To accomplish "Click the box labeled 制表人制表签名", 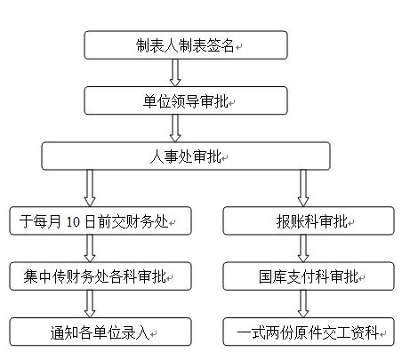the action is (x=186, y=45).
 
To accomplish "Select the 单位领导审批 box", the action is (x=186, y=100).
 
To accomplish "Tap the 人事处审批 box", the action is (x=186, y=156).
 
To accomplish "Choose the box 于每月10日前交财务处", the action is (x=100, y=220).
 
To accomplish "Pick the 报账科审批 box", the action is (x=309, y=220).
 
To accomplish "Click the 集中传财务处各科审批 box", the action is (x=100, y=276).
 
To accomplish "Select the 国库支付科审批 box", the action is (x=309, y=276).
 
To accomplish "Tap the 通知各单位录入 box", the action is (x=100, y=332).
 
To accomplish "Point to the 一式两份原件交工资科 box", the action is (x=309, y=332).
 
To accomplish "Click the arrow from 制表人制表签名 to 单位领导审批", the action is (x=175, y=73).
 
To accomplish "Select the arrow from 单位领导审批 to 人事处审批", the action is (x=175, y=128).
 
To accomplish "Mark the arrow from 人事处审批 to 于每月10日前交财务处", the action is (x=90, y=188).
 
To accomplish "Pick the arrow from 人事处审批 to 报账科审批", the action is (x=303, y=188).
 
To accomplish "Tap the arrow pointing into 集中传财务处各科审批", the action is (x=90, y=249).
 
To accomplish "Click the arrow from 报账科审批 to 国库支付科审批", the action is (x=303, y=249).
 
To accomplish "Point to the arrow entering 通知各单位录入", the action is (x=90, y=304).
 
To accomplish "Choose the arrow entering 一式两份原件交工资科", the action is (x=303, y=304).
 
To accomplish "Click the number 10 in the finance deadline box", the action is (x=73, y=221).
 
